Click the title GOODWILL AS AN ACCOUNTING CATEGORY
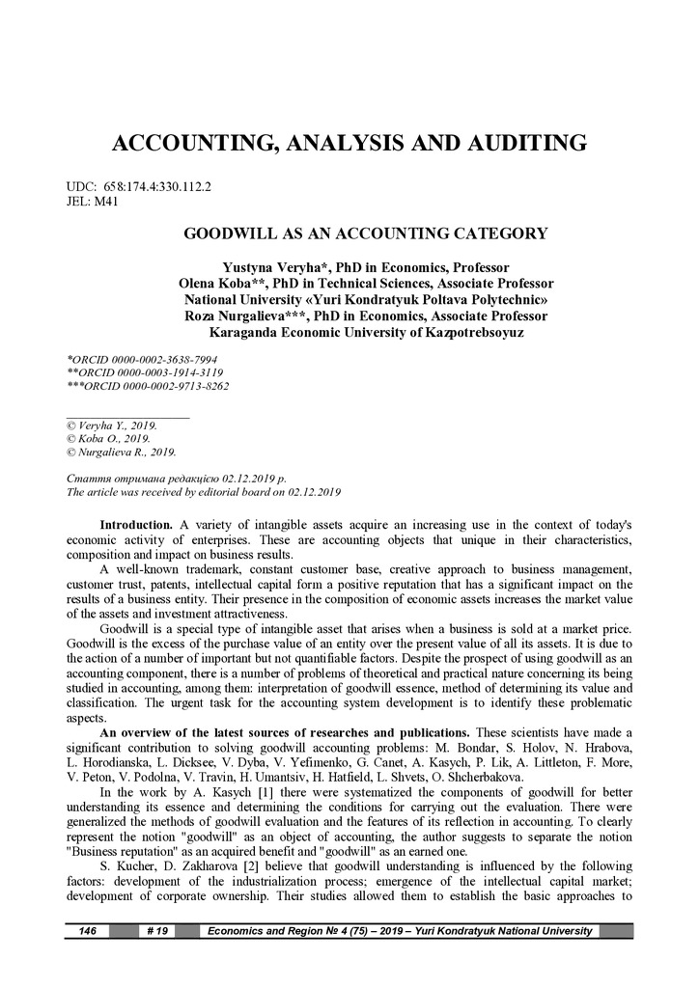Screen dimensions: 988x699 [366, 233]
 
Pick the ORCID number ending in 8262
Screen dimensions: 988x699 [158, 385]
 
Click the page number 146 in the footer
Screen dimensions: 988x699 [87, 931]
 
